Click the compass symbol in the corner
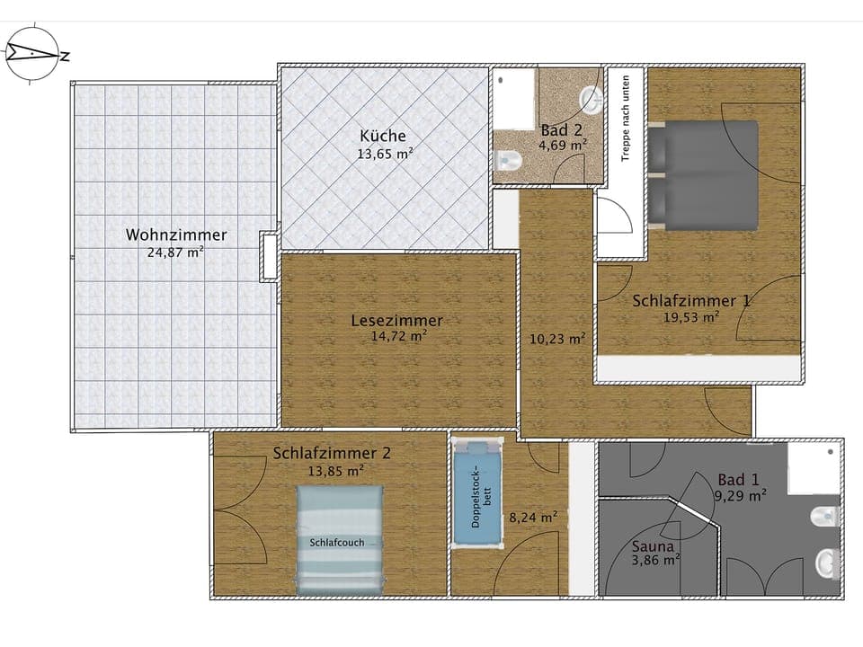[32, 55]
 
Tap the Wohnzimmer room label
[176, 235]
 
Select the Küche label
[383, 136]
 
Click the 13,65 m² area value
[385, 154]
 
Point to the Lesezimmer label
[396, 320]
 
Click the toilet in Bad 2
[509, 161]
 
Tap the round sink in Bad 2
[591, 97]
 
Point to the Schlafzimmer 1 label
[690, 300]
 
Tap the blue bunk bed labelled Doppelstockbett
[476, 492]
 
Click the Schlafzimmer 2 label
[332, 453]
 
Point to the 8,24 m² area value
[533, 517]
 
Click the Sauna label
[654, 545]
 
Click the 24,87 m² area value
[175, 253]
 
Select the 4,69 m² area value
[563, 145]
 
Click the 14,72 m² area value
[398, 337]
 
